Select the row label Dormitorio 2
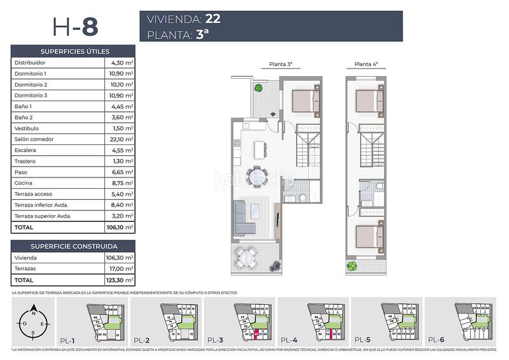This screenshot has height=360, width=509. click(31, 85)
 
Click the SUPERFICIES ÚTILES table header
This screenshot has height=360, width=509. click(74, 51)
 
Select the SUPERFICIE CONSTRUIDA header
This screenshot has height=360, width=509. click(74, 246)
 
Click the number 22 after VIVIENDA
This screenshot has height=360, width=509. click(212, 19)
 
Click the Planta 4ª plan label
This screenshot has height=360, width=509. click(366, 64)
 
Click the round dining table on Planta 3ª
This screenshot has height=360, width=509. click(257, 174)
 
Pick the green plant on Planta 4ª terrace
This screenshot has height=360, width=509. click(351, 265)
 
